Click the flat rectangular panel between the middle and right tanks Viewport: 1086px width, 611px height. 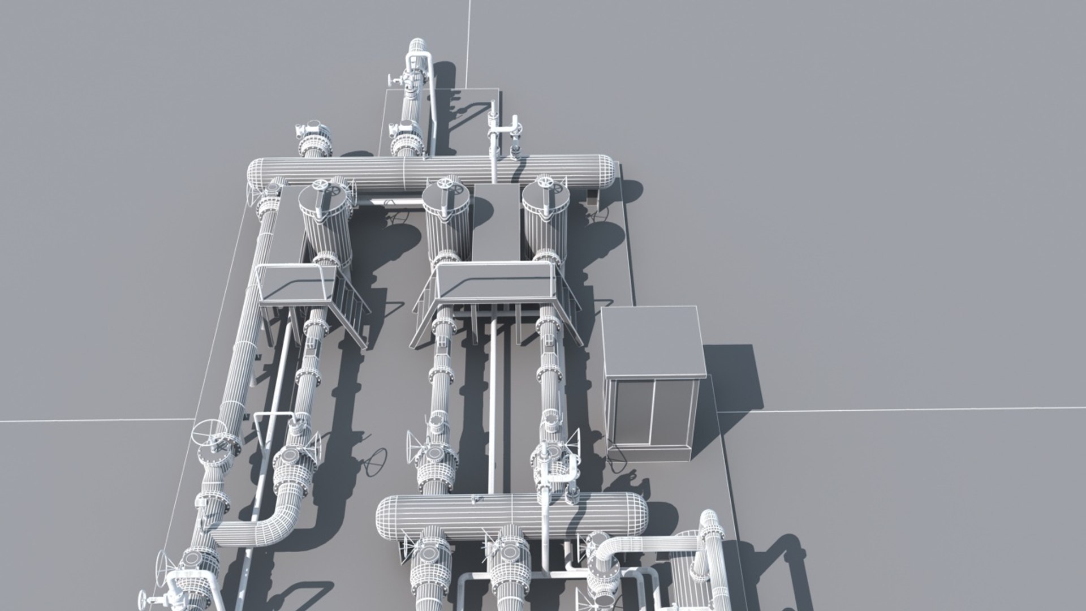(x=497, y=221)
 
